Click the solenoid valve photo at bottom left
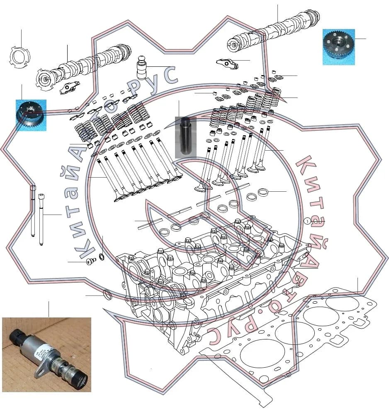[x=46, y=354]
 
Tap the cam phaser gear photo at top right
[x=338, y=47]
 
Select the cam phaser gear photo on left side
[x=31, y=115]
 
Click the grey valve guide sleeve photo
[x=185, y=137]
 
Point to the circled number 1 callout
[x=307, y=221]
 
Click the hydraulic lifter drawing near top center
[x=141, y=68]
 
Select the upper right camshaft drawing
[x=273, y=31]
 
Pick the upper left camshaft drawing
[x=83, y=67]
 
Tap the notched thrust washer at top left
[x=19, y=56]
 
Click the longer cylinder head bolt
[x=33, y=211]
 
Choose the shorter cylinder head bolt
[x=41, y=219]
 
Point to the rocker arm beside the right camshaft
[x=227, y=63]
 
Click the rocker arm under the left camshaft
[x=69, y=87]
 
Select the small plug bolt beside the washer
[x=90, y=261]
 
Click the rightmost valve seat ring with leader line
[x=263, y=192]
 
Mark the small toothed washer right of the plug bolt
[x=101, y=256]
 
